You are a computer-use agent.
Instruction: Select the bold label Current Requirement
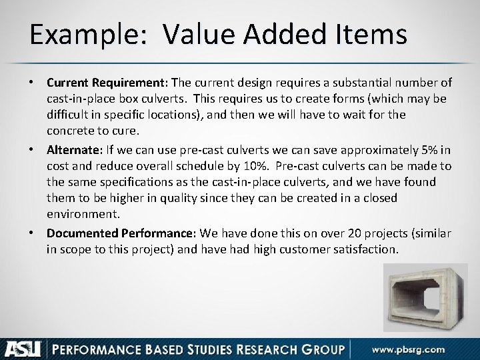pos(107,83)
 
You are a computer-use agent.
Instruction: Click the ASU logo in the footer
pos(23,347)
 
